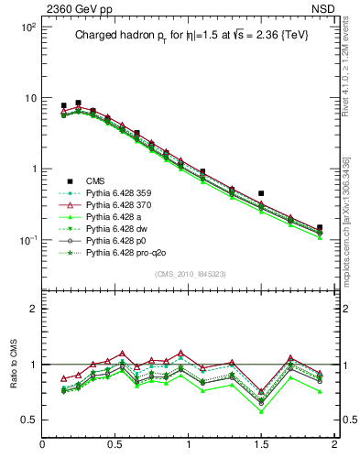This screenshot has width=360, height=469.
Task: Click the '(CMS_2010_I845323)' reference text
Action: pyautogui.click(x=191, y=273)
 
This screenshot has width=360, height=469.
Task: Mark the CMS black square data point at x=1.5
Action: pyautogui.click(x=261, y=194)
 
